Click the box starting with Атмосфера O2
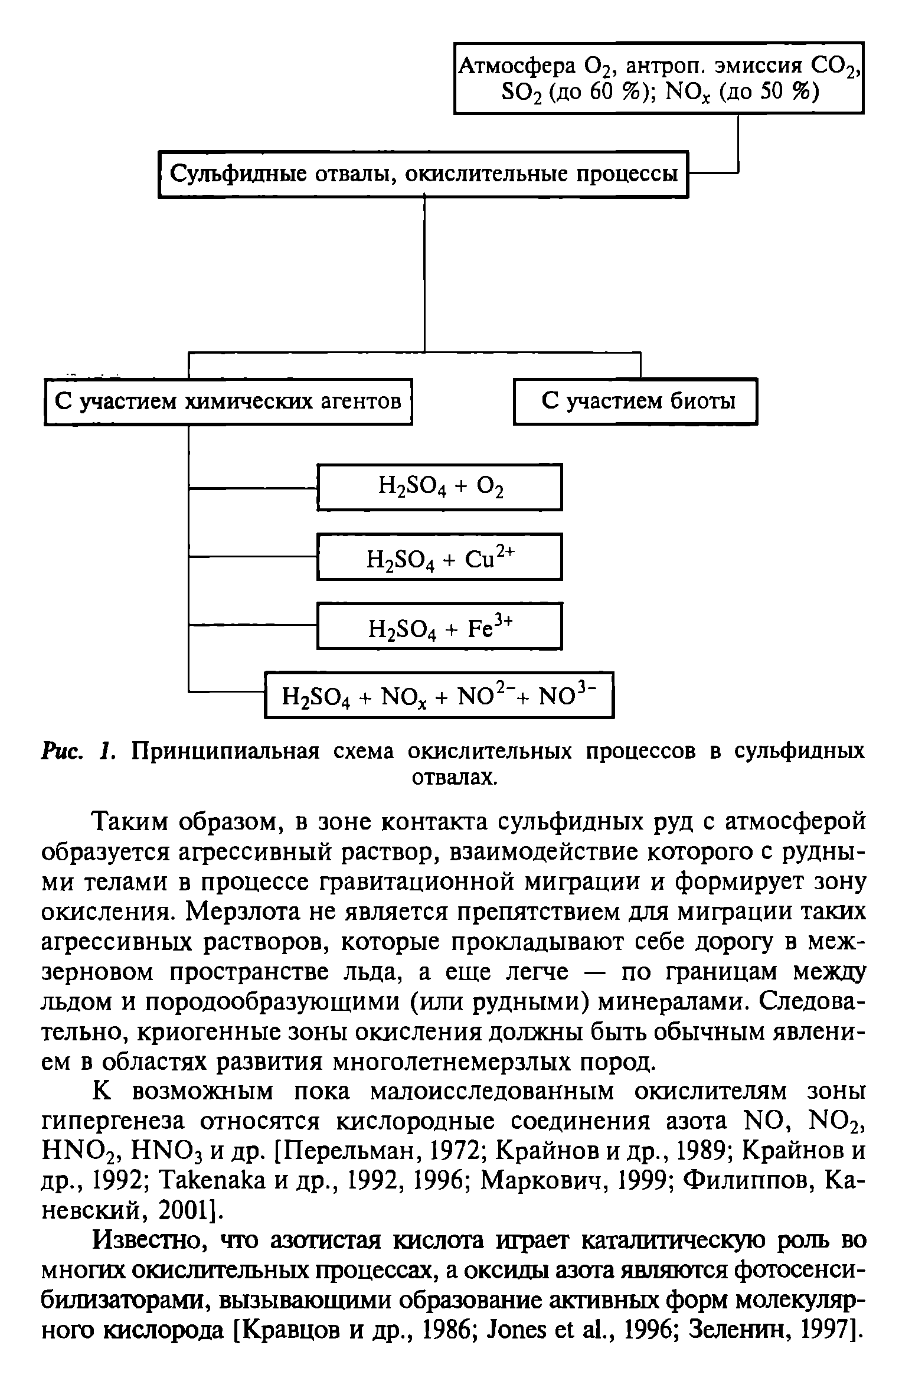pyautogui.click(x=658, y=77)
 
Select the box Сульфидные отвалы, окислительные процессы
pyautogui.click(x=424, y=174)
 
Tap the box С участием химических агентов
pyautogui.click(x=228, y=402)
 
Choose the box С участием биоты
pyautogui.click(x=635, y=402)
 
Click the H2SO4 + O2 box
pyautogui.click(x=440, y=487)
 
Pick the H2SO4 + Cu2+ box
pyautogui.click(x=440, y=557)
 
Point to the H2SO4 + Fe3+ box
pyautogui.click(x=440, y=626)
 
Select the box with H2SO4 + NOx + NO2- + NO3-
pyautogui.click(x=440, y=695)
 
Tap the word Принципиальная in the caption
pyautogui.click(x=224, y=752)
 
